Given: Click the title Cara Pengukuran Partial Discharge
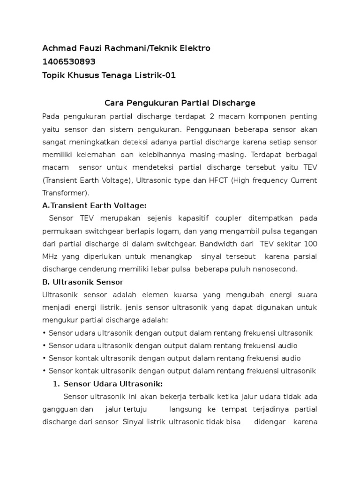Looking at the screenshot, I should pos(180,103).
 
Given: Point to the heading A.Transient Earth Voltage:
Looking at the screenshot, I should pos(94,205).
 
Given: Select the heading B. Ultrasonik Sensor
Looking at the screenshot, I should pos(82,282).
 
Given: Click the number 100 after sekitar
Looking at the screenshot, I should pos(310,244).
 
